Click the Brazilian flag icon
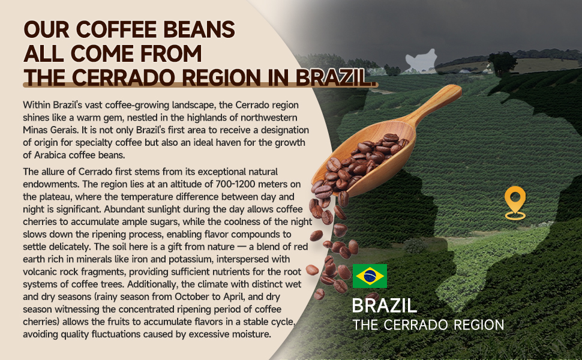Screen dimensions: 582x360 point(370,276)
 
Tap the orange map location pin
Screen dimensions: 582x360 point(515,203)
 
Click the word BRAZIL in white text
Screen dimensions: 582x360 point(384,306)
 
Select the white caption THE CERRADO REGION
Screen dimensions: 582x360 point(428,325)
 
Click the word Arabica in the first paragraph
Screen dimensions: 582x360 point(50,155)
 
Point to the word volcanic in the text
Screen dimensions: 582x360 point(39,272)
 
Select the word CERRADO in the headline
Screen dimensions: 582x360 point(122,77)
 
